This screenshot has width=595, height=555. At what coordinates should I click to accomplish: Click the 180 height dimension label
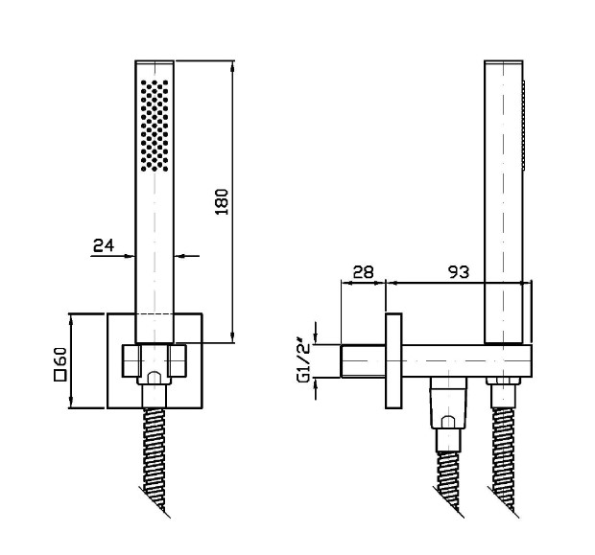tap(222, 201)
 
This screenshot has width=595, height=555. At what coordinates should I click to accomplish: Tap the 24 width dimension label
tap(104, 245)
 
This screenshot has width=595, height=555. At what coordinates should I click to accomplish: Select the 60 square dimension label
tap(60, 358)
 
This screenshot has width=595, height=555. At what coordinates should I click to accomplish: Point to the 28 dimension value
tap(363, 272)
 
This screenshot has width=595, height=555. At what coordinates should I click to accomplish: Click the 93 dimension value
tap(459, 272)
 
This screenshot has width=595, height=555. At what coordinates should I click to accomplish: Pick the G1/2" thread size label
tap(305, 362)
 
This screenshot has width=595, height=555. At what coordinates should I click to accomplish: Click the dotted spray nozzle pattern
tap(155, 126)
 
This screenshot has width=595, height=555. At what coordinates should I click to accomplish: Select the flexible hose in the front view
tap(155, 463)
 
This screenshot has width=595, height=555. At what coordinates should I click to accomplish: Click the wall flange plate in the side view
tap(393, 361)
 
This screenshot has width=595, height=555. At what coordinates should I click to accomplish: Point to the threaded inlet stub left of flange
tap(363, 361)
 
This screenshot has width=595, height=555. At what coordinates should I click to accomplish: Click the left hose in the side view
tap(448, 485)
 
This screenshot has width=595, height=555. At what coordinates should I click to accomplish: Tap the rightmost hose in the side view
tap(504, 463)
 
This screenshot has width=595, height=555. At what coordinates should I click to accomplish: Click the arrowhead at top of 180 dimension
tap(232, 66)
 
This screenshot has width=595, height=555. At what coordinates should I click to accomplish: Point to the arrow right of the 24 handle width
tap(187, 256)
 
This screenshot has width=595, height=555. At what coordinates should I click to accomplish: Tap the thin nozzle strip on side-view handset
tap(524, 125)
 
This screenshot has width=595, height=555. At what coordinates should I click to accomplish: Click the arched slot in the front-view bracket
tap(154, 378)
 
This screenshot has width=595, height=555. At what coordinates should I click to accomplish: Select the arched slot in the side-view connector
tap(448, 422)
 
